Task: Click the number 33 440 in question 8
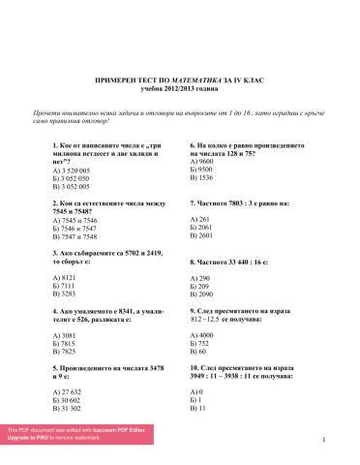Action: pos(240,263)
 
